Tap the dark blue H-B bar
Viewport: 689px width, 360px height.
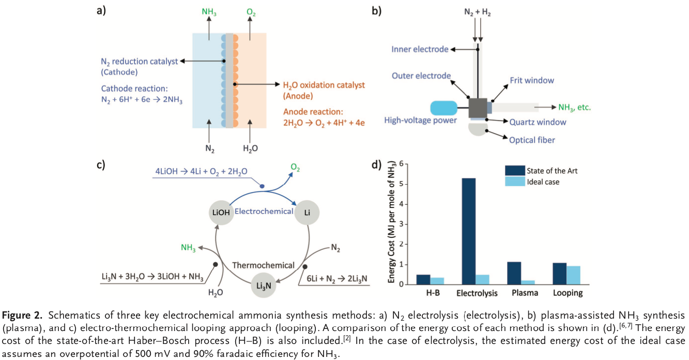tap(423, 279)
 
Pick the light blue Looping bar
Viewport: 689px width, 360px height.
tap(573, 275)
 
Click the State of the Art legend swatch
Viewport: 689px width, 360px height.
tap(515, 171)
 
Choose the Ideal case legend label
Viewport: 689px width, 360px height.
tap(543, 182)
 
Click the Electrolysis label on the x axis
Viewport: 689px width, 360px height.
tap(477, 293)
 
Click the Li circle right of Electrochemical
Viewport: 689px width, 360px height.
tap(307, 212)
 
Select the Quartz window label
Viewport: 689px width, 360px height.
tap(538, 123)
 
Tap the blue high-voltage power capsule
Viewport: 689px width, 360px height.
tap(443, 108)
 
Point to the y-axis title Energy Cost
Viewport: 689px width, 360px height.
tap(392, 223)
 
